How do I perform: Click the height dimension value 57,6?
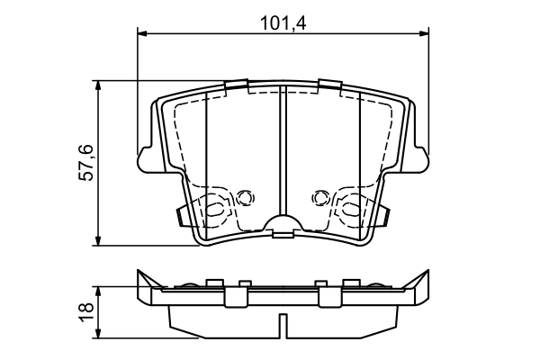(85, 163)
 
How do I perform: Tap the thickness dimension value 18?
(85, 310)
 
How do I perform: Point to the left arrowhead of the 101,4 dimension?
(143, 34)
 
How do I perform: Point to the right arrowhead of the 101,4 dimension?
(423, 34)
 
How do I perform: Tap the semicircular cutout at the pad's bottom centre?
(283, 229)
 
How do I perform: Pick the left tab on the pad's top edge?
(236, 86)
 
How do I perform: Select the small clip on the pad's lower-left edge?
(183, 216)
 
